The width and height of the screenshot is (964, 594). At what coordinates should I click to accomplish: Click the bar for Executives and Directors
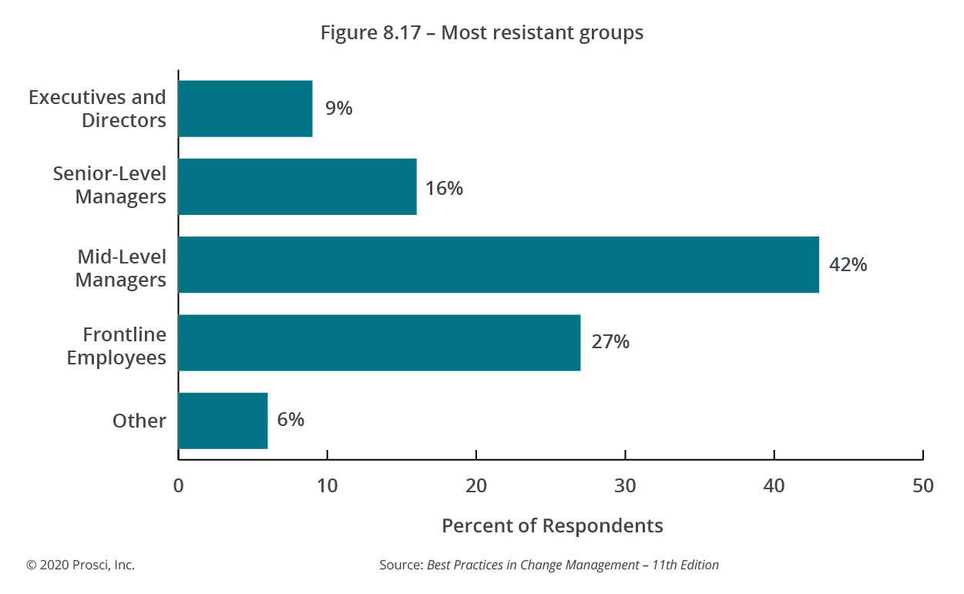click(245, 109)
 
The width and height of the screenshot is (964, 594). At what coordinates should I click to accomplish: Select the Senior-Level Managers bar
click(297, 186)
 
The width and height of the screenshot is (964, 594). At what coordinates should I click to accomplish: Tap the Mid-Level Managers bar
click(498, 264)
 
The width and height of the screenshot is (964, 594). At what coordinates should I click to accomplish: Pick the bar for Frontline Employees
click(379, 343)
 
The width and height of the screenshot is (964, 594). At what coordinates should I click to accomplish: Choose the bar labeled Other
click(223, 420)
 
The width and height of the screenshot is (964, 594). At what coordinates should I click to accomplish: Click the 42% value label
click(848, 265)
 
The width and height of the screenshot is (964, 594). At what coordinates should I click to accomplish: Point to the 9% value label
click(338, 109)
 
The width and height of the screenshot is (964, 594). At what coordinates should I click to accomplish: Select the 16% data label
click(444, 187)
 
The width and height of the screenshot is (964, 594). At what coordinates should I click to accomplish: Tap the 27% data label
click(610, 342)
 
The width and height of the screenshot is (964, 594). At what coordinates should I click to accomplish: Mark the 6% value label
click(291, 420)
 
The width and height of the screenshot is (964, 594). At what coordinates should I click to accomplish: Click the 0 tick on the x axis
click(178, 486)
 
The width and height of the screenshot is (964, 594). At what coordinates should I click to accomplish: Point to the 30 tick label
click(625, 486)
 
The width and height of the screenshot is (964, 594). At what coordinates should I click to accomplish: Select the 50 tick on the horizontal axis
click(922, 486)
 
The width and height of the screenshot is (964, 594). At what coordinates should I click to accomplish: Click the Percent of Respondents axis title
click(552, 525)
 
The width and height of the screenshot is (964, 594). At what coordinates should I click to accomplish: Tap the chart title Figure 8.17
click(482, 34)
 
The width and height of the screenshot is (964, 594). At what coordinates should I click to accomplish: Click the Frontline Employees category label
click(116, 347)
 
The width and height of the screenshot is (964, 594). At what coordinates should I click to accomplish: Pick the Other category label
click(139, 421)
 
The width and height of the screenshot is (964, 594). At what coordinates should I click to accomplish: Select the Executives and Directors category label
click(97, 109)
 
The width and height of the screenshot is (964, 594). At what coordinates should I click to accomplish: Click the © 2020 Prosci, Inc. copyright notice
click(81, 565)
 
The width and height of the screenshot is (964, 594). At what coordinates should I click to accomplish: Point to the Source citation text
click(549, 565)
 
